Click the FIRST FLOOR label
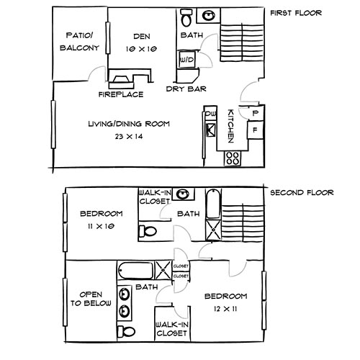[x=296, y=13]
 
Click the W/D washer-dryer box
[x=185, y=60]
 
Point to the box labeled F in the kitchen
[x=253, y=131]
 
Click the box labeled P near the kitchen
[x=253, y=112]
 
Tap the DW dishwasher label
[x=211, y=114]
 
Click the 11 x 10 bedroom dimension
[x=102, y=226]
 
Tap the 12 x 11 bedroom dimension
[x=226, y=308]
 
